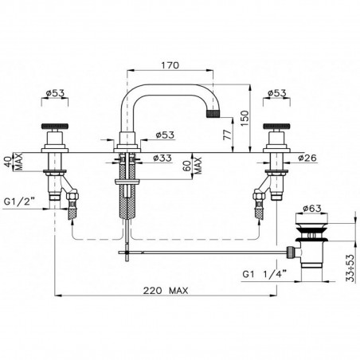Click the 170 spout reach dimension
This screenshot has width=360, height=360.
tap(170, 65)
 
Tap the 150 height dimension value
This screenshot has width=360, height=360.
tap(246, 118)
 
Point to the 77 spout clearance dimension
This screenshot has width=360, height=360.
tap(228, 135)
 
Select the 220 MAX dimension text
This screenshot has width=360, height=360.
tap(166, 291)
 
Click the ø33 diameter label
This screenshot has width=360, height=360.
tap(162, 158)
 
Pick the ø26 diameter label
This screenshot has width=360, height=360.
tap(307, 158)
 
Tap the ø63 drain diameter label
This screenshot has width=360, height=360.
tap(312, 209)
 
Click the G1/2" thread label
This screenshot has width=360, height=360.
tap(20, 202)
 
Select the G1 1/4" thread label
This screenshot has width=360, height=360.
tap(264, 273)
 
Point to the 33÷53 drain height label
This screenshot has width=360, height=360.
tap(350, 268)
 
